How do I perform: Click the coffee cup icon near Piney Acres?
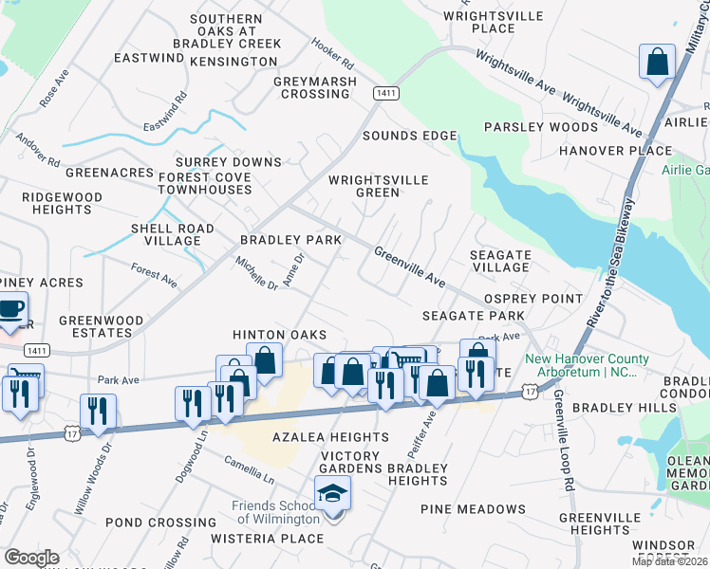(x=11, y=310)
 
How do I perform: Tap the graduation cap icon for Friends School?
(x=333, y=494)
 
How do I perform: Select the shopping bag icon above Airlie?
(x=656, y=63)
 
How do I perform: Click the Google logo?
(x=31, y=558)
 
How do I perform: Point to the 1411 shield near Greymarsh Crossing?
(x=385, y=93)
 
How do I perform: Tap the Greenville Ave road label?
(x=409, y=267)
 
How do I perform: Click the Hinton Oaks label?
(x=280, y=335)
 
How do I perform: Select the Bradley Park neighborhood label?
(x=290, y=241)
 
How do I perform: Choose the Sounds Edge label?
(x=409, y=136)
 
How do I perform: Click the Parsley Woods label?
(x=526, y=127)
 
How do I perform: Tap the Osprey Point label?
(x=532, y=299)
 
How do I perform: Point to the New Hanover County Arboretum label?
(x=589, y=365)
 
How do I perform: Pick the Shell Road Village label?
(x=165, y=234)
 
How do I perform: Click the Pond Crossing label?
(x=147, y=523)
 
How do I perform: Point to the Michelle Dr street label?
(x=257, y=271)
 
